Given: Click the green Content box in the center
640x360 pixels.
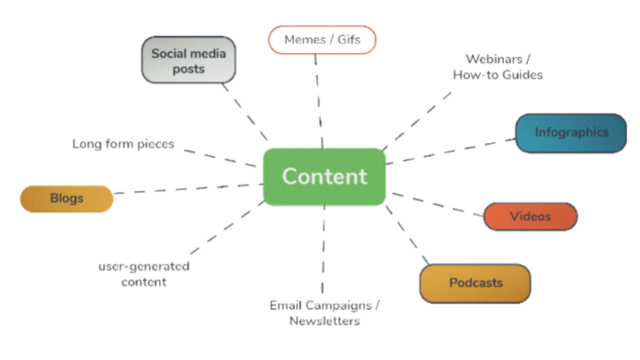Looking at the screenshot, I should tap(324, 176).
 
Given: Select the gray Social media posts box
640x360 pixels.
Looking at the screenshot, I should tap(188, 60).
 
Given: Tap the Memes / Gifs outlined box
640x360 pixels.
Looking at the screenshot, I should tap(322, 40).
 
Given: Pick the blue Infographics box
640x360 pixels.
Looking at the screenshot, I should tap(571, 133).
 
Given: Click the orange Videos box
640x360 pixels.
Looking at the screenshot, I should tap(530, 216).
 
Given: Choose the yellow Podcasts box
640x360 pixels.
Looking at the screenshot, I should tap(475, 283).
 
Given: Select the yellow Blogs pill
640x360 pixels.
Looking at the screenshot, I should tap(66, 198).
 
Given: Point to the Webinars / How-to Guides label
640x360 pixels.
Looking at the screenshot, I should tap(498, 67).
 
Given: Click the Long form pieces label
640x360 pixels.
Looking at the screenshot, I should tap(123, 144).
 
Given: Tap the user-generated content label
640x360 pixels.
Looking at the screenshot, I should tap(144, 273).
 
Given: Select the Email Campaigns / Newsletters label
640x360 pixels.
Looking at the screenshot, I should tap(324, 313).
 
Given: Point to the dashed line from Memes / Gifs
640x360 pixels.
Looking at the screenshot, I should tap(318, 100).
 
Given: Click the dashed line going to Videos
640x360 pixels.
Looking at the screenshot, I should tap(437, 204).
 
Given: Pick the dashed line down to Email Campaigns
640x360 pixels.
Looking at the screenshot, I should tap(323, 250).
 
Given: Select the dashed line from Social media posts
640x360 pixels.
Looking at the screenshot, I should tap(245, 112).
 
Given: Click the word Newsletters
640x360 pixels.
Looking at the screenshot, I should tap(324, 321).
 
